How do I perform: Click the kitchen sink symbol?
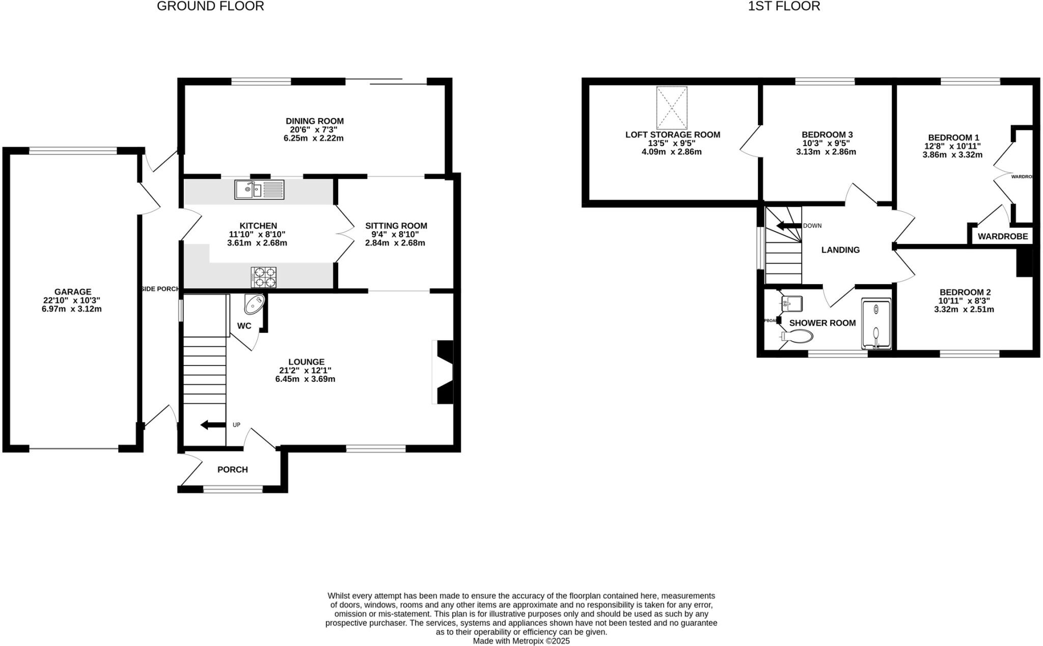point(259,189)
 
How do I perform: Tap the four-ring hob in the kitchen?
point(263,277)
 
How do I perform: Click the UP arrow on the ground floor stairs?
point(213,425)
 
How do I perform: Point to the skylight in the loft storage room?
point(672,107)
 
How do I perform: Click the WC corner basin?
point(255,304)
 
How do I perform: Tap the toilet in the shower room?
point(798,336)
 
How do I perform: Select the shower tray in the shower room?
point(876,324)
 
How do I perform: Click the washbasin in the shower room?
point(792,303)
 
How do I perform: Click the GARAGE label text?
point(73,292)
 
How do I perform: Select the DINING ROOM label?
point(314,121)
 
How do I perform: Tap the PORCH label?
point(233,469)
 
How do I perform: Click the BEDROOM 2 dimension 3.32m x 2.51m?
point(964,309)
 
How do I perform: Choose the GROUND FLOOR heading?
point(210,6)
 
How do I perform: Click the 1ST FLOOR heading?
point(784,6)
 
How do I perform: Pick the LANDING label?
point(840,250)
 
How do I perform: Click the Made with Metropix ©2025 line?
point(521,641)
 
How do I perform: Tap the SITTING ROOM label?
point(396,226)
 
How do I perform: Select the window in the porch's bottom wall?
point(233,489)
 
